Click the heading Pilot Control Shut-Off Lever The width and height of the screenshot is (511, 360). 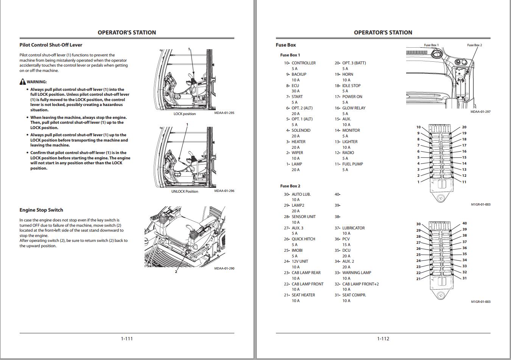(x=51, y=45)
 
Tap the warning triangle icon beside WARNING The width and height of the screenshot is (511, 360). (x=23, y=82)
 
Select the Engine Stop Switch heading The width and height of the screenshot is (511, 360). (x=41, y=210)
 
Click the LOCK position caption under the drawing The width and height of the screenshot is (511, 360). (x=185, y=114)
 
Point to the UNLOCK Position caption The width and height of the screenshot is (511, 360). (x=185, y=192)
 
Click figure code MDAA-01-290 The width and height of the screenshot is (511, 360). (x=224, y=268)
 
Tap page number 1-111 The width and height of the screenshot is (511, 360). (x=127, y=339)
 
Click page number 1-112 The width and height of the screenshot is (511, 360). (x=383, y=339)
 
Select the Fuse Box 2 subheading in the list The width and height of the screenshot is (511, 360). (x=290, y=186)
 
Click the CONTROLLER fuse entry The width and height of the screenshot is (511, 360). (x=303, y=63)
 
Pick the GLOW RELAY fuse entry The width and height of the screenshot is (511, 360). (x=354, y=108)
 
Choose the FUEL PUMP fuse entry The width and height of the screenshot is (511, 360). (x=352, y=164)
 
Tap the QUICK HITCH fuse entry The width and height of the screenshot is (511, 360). (x=303, y=239)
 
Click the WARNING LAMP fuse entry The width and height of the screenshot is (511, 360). (x=357, y=273)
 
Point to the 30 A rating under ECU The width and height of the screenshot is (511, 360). (x=295, y=91)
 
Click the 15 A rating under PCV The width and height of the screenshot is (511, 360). (x=346, y=245)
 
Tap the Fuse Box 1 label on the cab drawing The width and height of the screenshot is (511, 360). (x=431, y=45)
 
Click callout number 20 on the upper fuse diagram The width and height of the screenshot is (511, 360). (x=464, y=127)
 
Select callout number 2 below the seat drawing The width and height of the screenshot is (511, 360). (x=176, y=271)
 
